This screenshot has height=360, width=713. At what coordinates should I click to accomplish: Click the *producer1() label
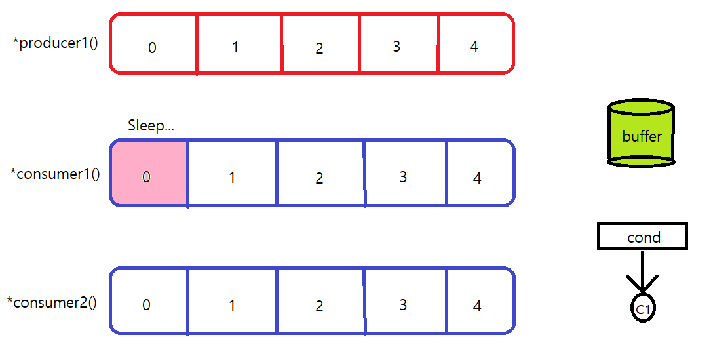click(55, 44)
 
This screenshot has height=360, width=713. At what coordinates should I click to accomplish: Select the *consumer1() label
click(55, 174)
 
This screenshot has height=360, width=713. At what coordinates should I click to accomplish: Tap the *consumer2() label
click(52, 302)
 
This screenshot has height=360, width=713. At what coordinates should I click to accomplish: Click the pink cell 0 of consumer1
click(149, 174)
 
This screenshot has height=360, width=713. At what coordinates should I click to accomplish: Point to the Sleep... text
click(151, 126)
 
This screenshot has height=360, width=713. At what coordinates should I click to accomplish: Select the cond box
click(642, 237)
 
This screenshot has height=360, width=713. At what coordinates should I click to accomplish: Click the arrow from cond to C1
click(642, 272)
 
